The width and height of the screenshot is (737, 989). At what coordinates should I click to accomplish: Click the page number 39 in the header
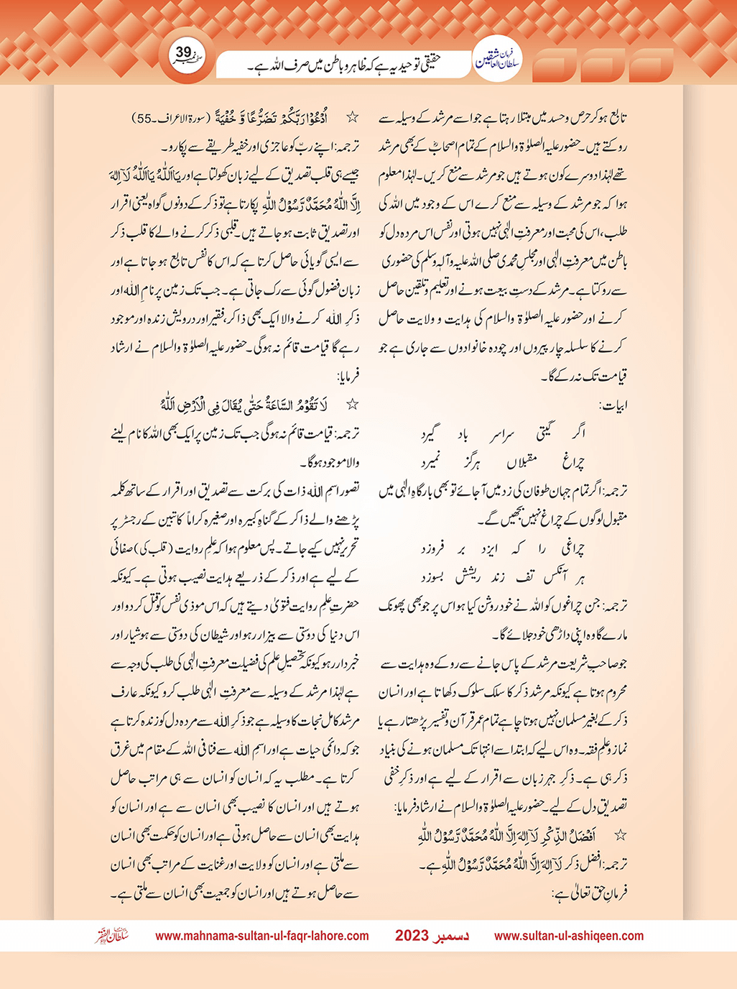(183, 52)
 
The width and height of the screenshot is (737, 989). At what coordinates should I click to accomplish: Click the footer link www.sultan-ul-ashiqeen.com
(569, 936)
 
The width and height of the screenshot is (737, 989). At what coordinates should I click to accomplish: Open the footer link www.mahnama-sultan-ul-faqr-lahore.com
(262, 936)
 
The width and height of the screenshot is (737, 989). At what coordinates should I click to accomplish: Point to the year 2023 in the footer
(412, 936)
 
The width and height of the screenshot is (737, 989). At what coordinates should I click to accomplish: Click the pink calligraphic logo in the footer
(111, 936)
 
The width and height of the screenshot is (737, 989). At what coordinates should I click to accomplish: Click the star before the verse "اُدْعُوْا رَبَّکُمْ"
(352, 116)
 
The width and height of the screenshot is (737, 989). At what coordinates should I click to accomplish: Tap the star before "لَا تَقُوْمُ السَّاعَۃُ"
(352, 405)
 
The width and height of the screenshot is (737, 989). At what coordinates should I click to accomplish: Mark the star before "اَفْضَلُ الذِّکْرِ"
(621, 836)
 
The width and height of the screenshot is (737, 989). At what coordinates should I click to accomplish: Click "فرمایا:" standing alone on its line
(347, 376)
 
